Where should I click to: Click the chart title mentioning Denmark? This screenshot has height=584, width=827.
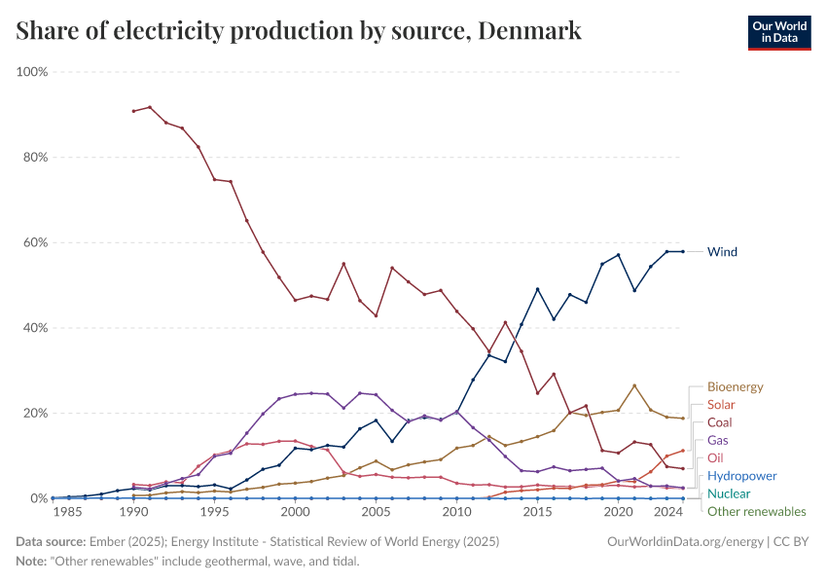[x=299, y=31]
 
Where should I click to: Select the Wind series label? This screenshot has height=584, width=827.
[x=722, y=252]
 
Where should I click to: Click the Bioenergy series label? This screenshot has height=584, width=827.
[x=735, y=387]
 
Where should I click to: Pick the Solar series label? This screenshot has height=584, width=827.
[x=721, y=405]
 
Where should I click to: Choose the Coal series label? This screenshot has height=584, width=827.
[x=720, y=422]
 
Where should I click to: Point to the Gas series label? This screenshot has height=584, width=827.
[x=718, y=441]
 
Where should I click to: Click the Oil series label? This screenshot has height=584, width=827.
[x=715, y=458]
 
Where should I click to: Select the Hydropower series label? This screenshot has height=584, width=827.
[x=741, y=476]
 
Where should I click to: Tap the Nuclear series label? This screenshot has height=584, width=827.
[x=729, y=493]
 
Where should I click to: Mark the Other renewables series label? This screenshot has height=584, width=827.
[x=756, y=511]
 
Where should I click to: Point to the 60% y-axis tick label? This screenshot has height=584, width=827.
[x=35, y=242]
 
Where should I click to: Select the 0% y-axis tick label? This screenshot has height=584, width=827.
[x=39, y=498]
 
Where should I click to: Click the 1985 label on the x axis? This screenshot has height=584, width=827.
[x=68, y=511]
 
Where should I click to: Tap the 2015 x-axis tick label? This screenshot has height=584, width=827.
[x=536, y=511]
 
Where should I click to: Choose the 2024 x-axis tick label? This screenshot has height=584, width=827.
[x=666, y=511]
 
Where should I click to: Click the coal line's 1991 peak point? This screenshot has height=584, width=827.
[x=150, y=107]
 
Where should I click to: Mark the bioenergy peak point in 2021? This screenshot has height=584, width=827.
[x=634, y=385]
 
